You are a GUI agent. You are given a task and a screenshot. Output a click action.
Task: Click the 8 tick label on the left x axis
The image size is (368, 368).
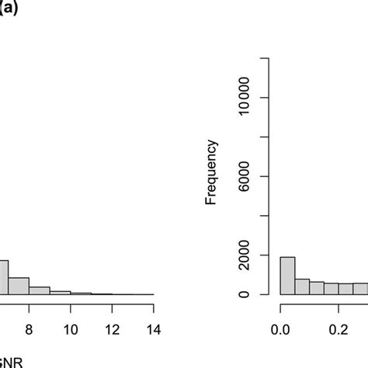29,329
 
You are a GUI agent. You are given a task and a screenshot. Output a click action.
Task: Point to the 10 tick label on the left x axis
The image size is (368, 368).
70,329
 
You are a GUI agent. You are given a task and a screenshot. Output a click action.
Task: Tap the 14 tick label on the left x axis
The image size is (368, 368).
153,329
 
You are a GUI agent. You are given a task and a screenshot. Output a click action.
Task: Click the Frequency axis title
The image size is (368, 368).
211,172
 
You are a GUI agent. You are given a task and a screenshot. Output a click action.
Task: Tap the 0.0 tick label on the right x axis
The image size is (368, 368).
279,329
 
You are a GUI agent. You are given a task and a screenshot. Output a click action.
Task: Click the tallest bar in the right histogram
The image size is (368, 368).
287,276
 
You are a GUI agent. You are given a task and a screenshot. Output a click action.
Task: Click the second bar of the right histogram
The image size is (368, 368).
302,286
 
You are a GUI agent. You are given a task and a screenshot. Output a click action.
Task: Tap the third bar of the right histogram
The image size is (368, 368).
317,288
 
